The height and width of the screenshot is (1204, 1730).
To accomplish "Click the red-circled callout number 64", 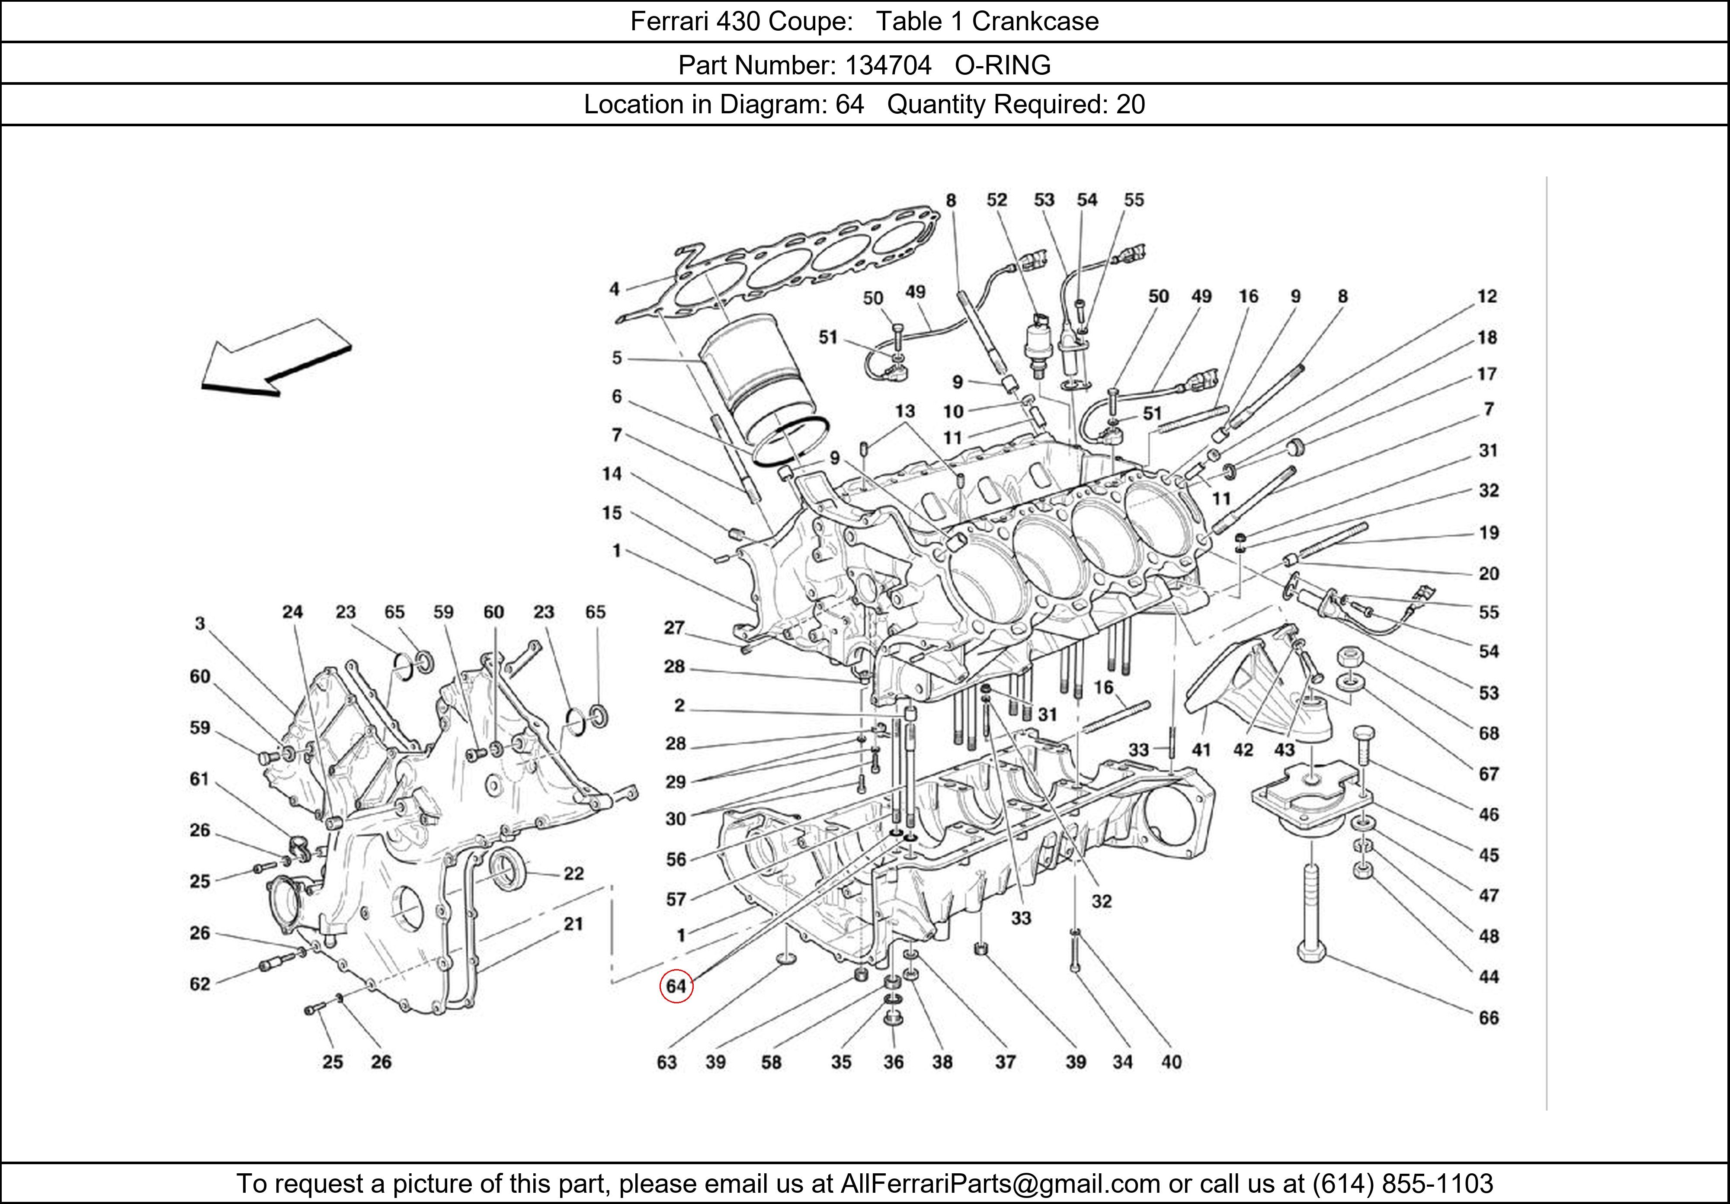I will pos(676,986).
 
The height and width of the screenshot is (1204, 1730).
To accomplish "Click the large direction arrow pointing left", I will pos(275,359).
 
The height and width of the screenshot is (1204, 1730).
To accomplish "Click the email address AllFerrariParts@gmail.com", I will pos(1000,1184).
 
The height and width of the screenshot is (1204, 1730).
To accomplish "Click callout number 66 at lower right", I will pos(1488,1018).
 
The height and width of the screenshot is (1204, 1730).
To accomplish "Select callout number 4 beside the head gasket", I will pos(615,288).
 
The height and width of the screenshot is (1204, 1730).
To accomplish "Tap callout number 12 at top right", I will pos(1487,296).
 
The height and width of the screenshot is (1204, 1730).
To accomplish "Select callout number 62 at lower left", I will pos(200,983).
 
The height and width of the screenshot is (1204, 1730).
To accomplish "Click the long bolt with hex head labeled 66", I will pos(1312,912).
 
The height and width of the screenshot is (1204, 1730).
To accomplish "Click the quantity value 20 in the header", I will pos(1130,104).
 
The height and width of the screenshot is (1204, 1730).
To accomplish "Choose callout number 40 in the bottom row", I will pos(1171,1062).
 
